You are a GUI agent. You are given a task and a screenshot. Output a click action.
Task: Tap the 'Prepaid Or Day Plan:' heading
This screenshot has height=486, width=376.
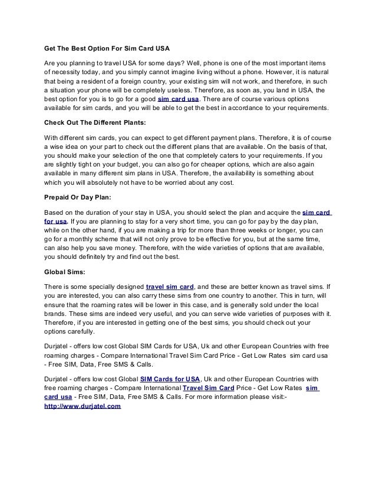point(78,198)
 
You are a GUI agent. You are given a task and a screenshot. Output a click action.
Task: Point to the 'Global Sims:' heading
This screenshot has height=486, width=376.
point(65,272)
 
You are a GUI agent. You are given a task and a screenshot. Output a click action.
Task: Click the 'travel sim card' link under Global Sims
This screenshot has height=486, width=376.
point(170,287)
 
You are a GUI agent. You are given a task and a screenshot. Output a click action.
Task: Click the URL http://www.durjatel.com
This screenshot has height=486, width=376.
point(83,406)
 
